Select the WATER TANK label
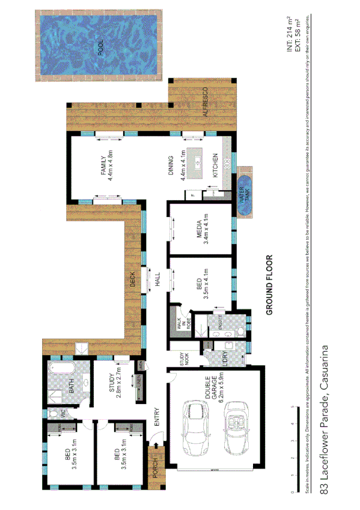246,194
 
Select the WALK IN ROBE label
179,324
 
